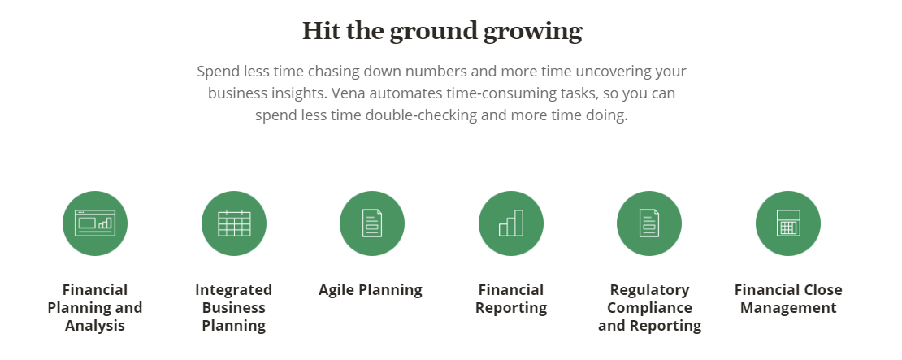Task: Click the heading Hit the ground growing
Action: click(442, 31)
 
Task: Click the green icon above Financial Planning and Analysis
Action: click(95, 223)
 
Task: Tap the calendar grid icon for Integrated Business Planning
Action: click(234, 223)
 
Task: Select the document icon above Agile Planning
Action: click(372, 223)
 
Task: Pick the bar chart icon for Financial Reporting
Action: click(511, 223)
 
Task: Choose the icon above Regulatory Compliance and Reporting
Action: click(649, 223)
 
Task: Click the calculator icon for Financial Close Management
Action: click(788, 223)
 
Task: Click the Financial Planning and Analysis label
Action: click(95, 308)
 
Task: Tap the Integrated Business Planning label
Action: click(234, 308)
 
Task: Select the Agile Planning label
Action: click(371, 290)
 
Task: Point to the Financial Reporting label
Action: click(511, 299)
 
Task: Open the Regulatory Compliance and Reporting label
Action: click(649, 308)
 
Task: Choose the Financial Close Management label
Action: click(788, 299)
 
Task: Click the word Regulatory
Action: click(649, 290)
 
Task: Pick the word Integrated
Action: click(234, 290)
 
